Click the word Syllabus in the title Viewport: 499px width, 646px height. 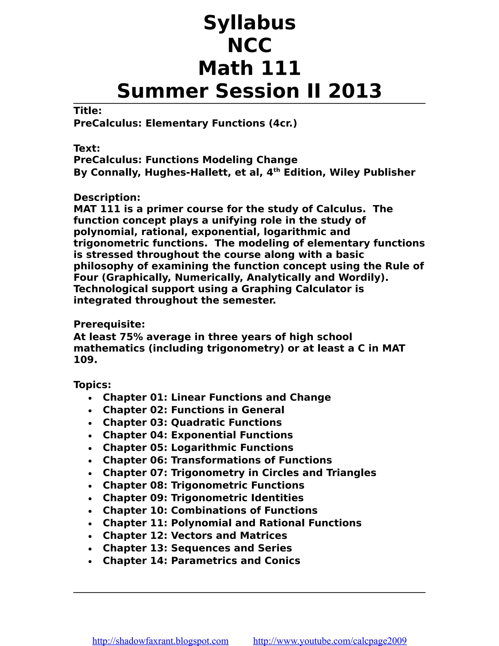tap(249, 23)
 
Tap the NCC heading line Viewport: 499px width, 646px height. tap(249, 46)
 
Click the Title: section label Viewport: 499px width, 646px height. tap(87, 111)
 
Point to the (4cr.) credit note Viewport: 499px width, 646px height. tap(283, 123)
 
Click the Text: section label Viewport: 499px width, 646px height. tap(86, 148)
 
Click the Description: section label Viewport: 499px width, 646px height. tap(107, 197)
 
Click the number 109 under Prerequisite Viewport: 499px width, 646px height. tap(85, 359)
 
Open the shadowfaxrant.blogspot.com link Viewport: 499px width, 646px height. tap(160, 641)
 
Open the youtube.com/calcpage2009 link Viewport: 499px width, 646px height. tap(330, 641)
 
